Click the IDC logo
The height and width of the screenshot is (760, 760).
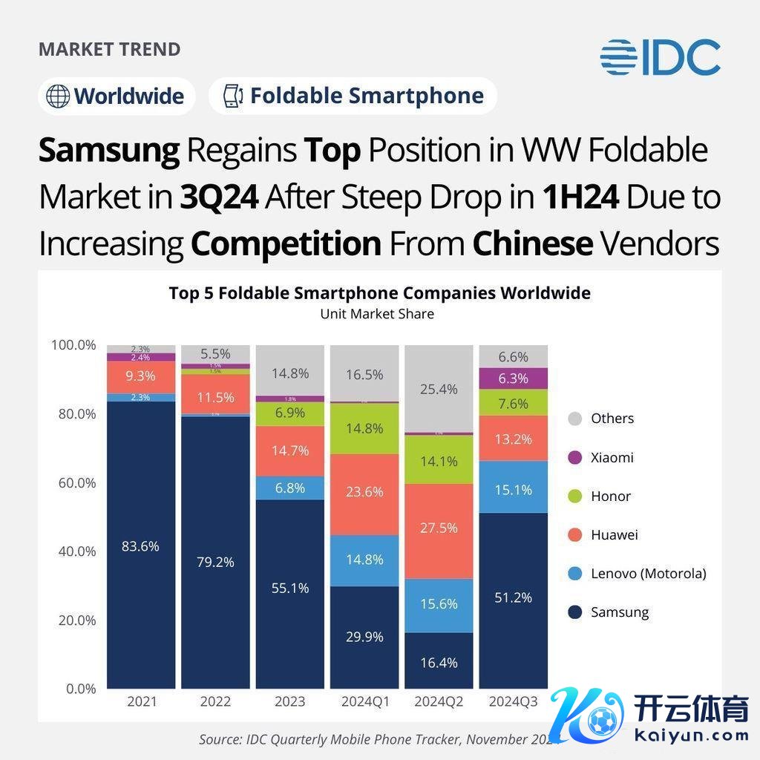(660, 57)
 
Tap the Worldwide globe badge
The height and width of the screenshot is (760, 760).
(117, 96)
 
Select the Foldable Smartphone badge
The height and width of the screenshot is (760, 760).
(353, 96)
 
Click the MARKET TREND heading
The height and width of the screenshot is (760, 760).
(109, 50)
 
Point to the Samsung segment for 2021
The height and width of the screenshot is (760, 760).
(141, 546)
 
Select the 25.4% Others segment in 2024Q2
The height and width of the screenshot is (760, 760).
(439, 389)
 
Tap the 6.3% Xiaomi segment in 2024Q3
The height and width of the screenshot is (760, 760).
(513, 379)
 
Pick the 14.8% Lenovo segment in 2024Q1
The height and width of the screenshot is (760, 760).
(364, 560)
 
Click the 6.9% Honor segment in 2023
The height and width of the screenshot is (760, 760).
(290, 413)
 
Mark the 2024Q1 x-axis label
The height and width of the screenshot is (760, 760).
(364, 701)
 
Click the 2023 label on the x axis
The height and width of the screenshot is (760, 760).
(290, 701)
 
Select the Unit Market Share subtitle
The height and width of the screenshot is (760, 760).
(377, 314)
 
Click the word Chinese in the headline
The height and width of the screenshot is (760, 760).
(532, 243)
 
